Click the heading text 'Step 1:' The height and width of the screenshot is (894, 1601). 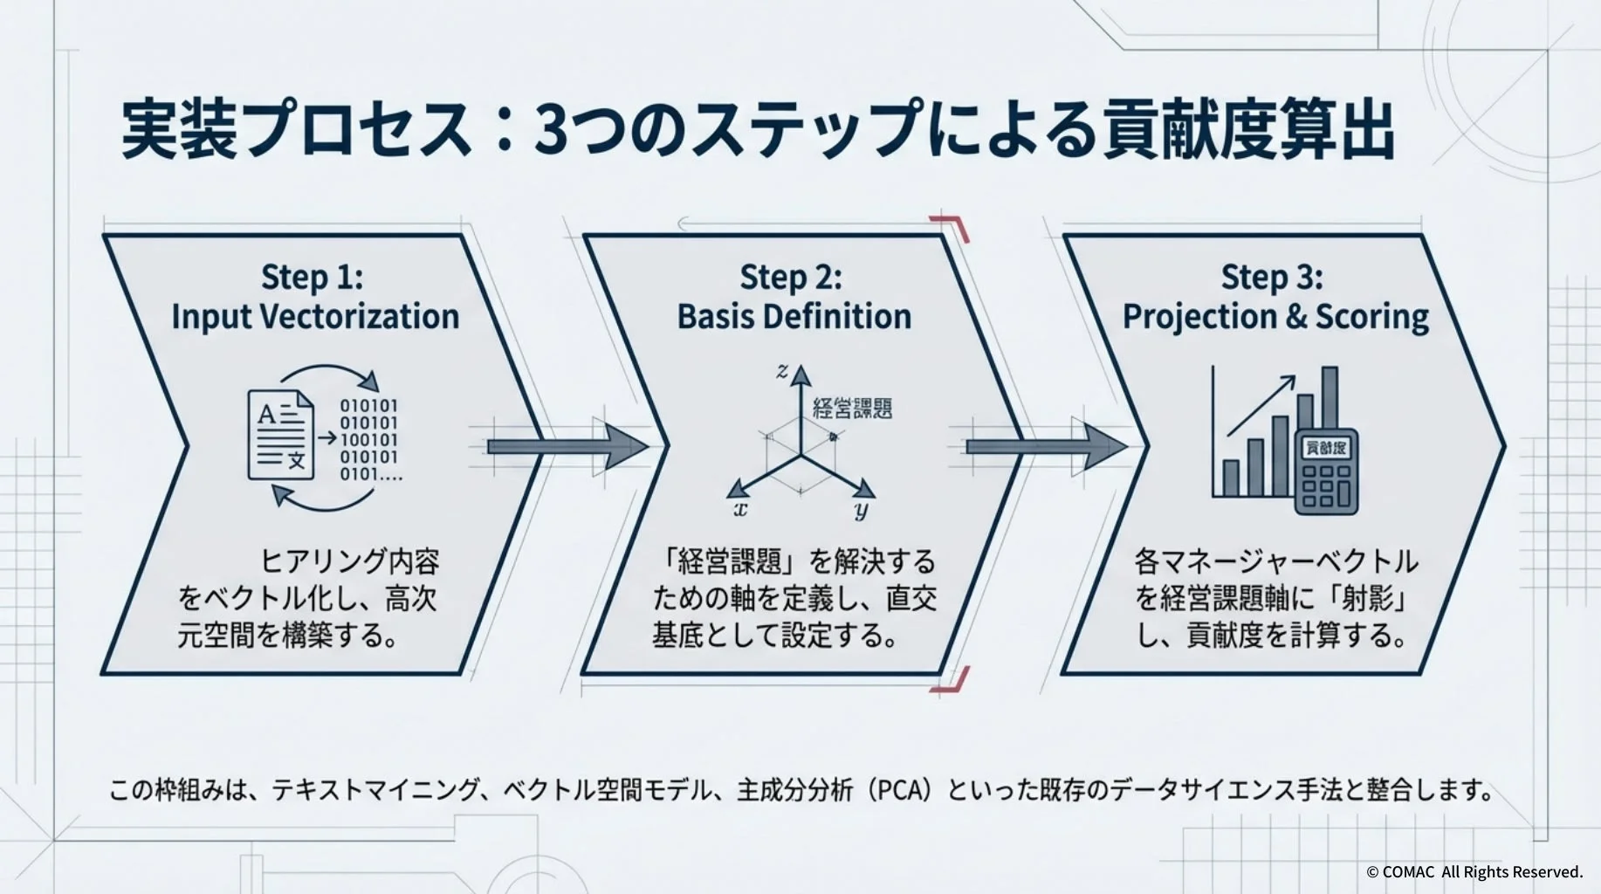coord(312,278)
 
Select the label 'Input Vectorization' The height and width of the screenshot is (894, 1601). coord(315,316)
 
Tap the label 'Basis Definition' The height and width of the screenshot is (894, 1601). coord(794,316)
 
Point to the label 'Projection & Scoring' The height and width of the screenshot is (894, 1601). coord(1275,316)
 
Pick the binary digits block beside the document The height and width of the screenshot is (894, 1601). coord(369,440)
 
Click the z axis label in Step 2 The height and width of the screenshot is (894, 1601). coord(782,372)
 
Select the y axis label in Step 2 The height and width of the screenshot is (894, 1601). coord(862,511)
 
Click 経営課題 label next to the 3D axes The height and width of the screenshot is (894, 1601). coord(852,408)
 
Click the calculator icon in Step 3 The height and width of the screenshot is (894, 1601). coord(1326,471)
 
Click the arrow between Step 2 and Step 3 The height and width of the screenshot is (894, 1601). coord(1045,446)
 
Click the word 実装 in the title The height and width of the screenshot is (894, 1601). coord(179,131)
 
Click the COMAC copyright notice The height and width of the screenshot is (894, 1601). coord(1474,871)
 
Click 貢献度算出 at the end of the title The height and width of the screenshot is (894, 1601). coord(1248,131)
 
